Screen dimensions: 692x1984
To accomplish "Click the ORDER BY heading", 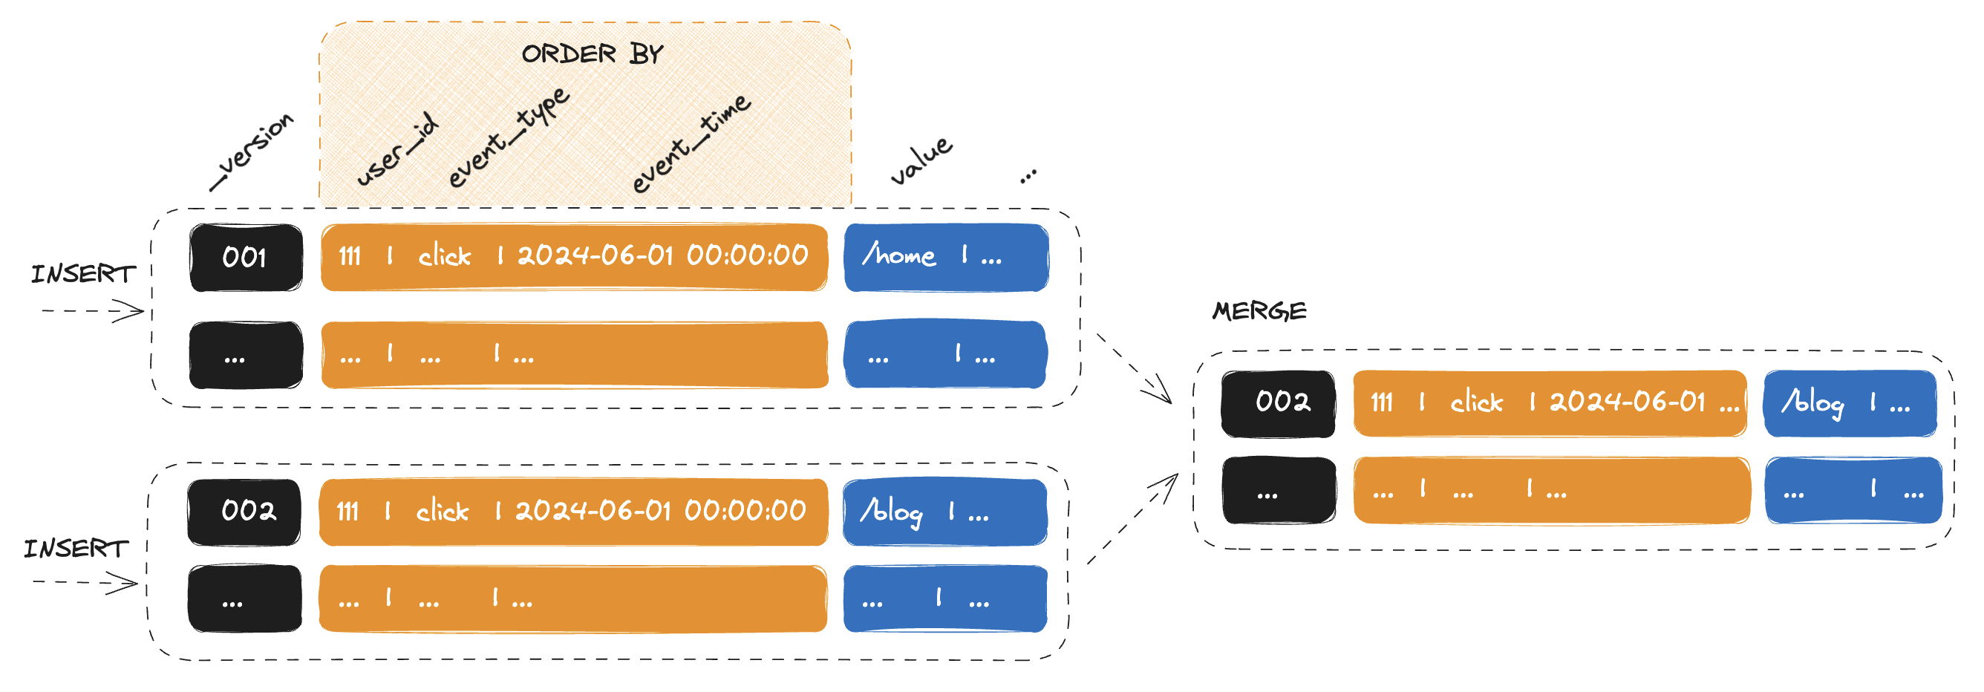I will click(592, 54).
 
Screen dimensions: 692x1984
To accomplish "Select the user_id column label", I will click(397, 149).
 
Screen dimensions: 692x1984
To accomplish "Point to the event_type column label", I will click(509, 137).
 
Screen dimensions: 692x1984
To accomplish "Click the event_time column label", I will click(690, 143).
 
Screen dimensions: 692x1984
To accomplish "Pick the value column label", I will click(921, 160).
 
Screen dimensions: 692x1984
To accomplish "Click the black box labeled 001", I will click(246, 257).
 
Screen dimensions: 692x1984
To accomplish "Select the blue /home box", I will click(946, 257).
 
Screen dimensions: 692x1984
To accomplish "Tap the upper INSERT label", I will click(83, 274).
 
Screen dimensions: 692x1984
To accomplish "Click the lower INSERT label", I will click(76, 548).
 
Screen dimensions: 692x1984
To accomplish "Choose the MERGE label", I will click(1259, 311).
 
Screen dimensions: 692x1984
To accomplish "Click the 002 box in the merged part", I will click(1279, 402).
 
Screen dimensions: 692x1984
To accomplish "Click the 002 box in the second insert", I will click(245, 512).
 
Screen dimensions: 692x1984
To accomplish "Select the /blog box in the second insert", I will click(945, 512).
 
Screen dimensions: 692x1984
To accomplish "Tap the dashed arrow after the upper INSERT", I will click(92, 312).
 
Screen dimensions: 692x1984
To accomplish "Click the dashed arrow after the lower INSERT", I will click(85, 583).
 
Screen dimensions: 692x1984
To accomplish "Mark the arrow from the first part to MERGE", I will click(1134, 369).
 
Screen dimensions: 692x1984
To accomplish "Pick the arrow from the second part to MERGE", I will click(1132, 519).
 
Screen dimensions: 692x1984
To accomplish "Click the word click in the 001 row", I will click(445, 256).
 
